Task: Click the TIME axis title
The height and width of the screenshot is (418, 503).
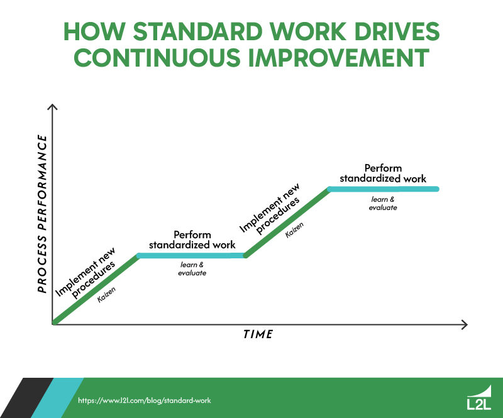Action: click(258, 334)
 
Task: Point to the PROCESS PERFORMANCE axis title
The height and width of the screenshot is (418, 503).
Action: click(42, 214)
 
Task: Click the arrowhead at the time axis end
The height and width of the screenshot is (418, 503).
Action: click(464, 324)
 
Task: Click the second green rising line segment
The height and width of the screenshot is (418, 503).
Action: click(287, 223)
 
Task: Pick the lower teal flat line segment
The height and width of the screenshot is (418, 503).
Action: click(192, 256)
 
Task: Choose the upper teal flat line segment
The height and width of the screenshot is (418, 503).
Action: click(383, 189)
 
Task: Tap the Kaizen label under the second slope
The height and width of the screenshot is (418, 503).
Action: click(295, 231)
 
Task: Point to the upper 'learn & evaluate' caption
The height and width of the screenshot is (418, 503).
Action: click(383, 203)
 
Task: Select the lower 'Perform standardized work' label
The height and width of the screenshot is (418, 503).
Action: click(192, 239)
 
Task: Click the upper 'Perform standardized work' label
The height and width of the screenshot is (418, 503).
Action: click(383, 173)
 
